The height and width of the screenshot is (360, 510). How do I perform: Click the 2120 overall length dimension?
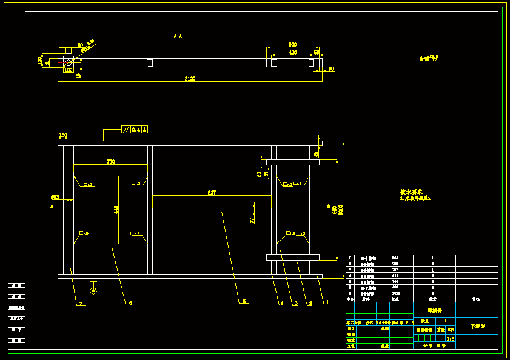click(x=190, y=79)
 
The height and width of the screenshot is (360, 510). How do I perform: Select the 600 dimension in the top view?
click(x=292, y=45)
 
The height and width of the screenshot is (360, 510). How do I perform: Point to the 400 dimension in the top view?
click(x=292, y=53)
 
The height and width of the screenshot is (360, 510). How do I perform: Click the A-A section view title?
click(x=178, y=36)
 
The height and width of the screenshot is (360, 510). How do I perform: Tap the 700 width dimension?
click(x=111, y=162)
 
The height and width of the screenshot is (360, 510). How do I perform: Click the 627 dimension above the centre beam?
click(x=212, y=192)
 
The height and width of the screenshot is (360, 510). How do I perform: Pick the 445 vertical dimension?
click(x=116, y=210)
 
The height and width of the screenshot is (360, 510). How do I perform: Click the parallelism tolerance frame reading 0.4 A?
click(x=135, y=129)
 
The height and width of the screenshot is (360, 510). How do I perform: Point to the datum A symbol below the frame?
click(x=93, y=290)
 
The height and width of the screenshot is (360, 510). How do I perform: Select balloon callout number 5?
click(x=244, y=301)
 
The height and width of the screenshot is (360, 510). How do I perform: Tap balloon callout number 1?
click(x=327, y=302)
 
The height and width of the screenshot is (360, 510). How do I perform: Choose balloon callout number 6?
click(x=130, y=302)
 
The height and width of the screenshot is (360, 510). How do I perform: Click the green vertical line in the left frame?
click(x=73, y=209)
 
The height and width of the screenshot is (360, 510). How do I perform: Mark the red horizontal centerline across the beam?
click(x=212, y=210)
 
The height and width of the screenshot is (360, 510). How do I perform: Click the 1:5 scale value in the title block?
click(x=450, y=339)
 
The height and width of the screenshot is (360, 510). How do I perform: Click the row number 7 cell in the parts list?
click(x=349, y=258)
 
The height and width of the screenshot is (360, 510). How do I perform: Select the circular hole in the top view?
click(x=69, y=62)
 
